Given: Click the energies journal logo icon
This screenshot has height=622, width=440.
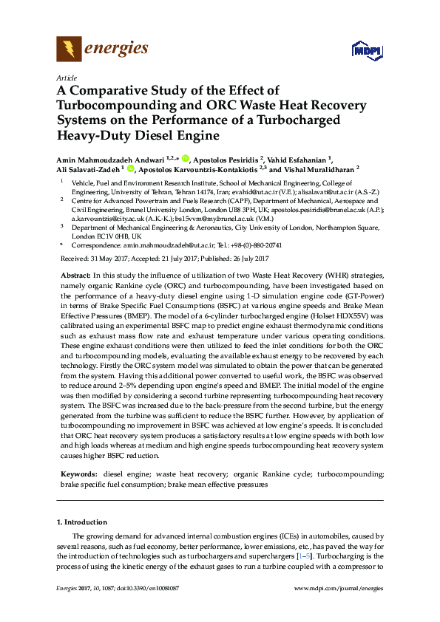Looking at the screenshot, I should click(70, 49).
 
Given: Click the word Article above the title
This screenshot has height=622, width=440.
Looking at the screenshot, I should click(66, 78).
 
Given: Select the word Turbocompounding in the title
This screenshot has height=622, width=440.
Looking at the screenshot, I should click(107, 104).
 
